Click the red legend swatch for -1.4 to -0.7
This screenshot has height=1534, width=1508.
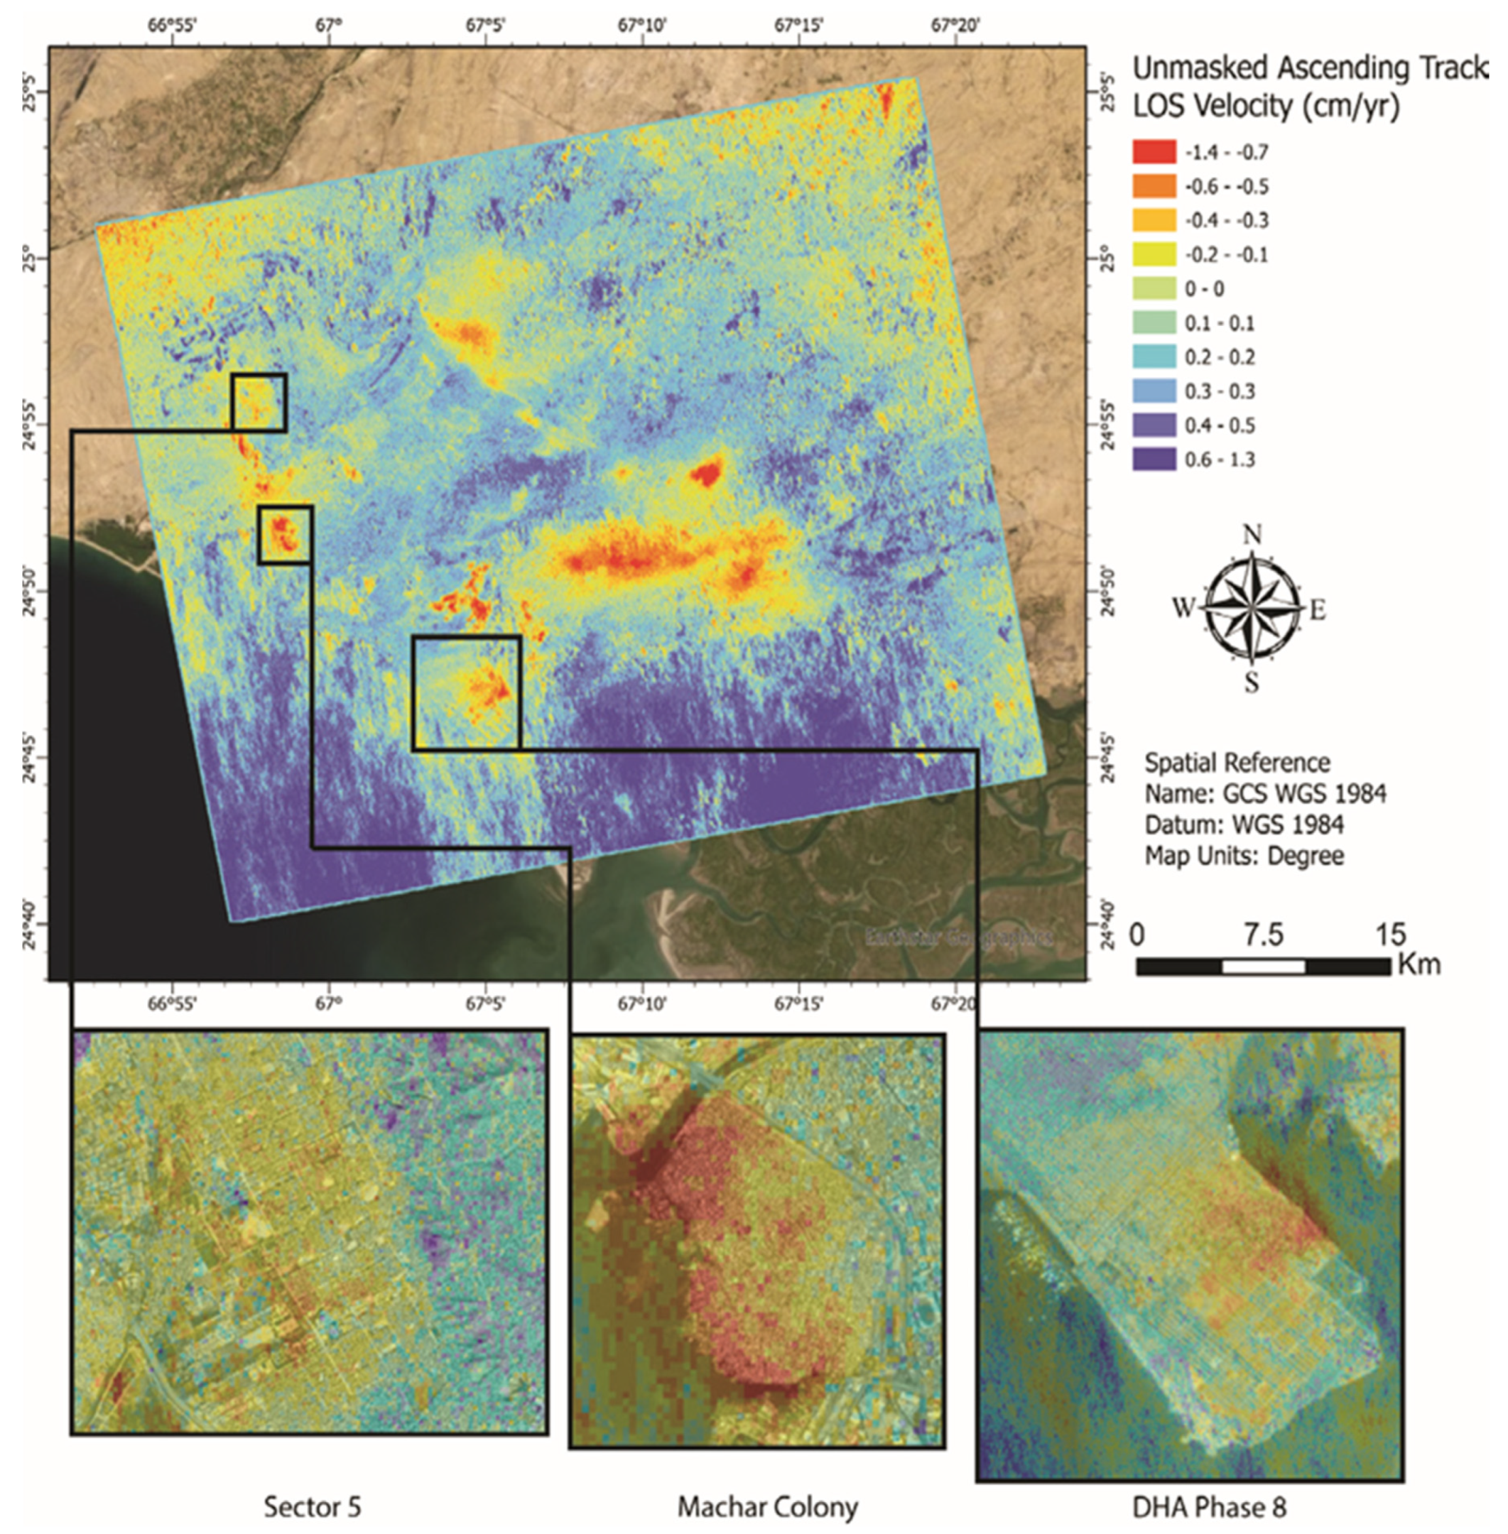[1154, 151]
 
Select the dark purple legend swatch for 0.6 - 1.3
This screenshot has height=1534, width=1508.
[1154, 459]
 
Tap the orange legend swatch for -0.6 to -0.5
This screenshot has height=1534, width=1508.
[1154, 185]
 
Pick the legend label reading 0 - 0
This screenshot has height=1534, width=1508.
[1204, 289]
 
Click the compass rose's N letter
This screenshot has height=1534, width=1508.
[1252, 536]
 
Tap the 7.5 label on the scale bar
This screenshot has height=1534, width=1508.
[1262, 935]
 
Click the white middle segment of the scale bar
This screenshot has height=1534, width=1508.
[1263, 966]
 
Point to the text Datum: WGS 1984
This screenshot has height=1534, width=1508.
[1244, 825]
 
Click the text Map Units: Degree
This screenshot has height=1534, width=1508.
[1244, 856]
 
